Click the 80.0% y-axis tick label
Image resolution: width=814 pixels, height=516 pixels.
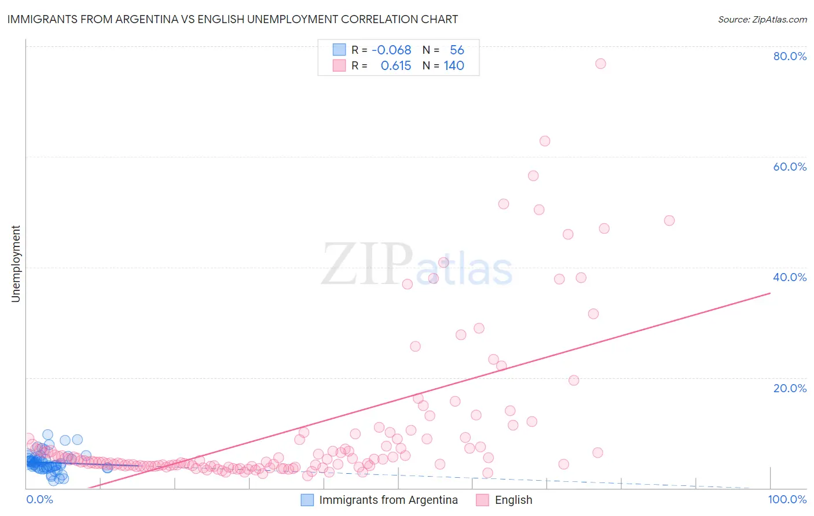[790, 56]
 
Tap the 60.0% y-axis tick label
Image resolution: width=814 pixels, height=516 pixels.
[790, 167]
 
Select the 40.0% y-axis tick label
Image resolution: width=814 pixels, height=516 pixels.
[790, 277]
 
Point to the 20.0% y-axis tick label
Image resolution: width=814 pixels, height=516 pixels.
[790, 388]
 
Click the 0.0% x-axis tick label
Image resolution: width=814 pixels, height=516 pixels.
[39, 499]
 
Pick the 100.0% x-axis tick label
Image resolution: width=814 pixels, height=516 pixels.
[787, 499]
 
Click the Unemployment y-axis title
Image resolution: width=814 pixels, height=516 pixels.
[16, 264]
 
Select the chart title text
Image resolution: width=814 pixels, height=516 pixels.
[232, 19]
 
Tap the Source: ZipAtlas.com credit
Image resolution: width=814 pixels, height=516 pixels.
[762, 19]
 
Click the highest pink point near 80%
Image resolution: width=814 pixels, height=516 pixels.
[600, 64]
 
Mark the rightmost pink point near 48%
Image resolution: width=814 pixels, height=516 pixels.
[669, 220]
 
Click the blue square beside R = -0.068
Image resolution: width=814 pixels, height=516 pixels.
[339, 50]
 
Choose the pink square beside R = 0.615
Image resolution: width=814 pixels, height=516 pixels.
[339, 65]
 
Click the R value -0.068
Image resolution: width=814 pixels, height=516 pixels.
[391, 50]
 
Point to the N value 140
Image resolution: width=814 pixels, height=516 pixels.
[454, 65]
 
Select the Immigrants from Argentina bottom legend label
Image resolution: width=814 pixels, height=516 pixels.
[388, 500]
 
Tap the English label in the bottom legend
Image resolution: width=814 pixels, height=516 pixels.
[513, 500]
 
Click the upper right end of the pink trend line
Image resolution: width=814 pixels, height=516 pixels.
[770, 293]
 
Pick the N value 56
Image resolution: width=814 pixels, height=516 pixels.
[457, 50]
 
